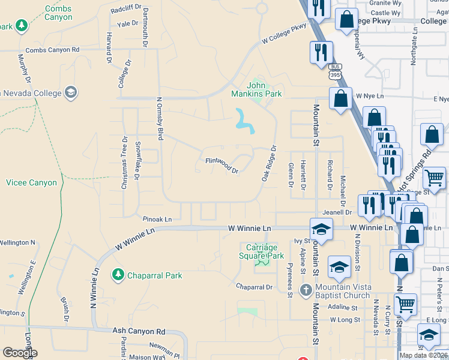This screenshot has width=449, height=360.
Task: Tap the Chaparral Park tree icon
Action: [118, 275]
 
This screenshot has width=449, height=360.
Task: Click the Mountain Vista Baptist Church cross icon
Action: [306, 291]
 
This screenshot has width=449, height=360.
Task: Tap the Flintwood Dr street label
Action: [222, 165]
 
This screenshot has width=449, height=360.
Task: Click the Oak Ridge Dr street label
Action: [268, 163]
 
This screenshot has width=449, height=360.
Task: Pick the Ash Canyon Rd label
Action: [139, 331]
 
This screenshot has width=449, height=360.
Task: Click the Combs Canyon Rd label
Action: [52, 50]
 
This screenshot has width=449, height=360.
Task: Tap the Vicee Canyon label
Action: [31, 182]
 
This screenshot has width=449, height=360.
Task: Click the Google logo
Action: [20, 353]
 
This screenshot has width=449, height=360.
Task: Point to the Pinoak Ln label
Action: [157, 220]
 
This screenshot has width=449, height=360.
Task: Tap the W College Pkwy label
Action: [284, 34]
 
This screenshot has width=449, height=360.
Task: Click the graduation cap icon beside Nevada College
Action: [71, 92]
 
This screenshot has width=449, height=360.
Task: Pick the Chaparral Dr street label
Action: [254, 287]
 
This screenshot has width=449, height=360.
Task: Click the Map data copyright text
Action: [423, 355]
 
